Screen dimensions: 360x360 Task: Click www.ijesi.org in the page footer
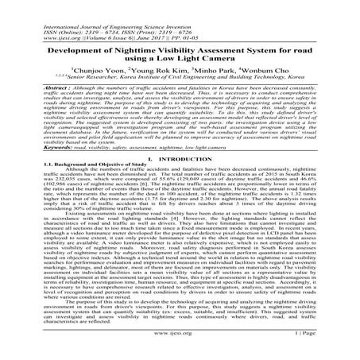[180, 343]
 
